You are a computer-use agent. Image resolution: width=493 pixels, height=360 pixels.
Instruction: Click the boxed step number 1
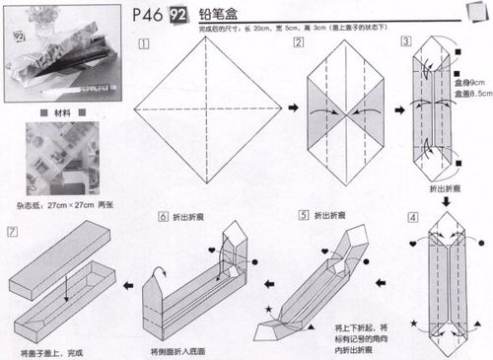pos(144,44)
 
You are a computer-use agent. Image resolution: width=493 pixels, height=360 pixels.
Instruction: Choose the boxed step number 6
pos(164,216)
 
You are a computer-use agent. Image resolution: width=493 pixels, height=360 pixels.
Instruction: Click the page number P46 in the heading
pos(146,16)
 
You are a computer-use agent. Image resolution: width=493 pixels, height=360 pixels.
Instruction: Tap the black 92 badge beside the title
pos(180,16)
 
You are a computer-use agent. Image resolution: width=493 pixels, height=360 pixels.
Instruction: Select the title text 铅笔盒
pos(218,16)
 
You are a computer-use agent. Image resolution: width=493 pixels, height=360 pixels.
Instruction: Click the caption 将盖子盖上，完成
pos(52,351)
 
